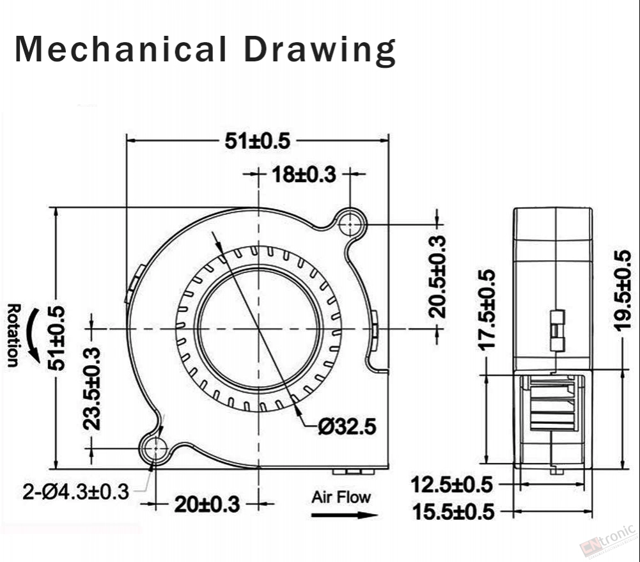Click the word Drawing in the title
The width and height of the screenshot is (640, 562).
pyautogui.click(x=320, y=51)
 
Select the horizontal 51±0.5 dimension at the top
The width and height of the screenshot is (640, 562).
pyautogui.click(x=257, y=141)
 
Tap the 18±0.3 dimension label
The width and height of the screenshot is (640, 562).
pyautogui.click(x=304, y=174)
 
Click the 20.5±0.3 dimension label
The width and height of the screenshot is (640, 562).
pyautogui.click(x=437, y=276)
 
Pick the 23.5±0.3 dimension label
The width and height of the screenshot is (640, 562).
pyautogui.click(x=93, y=388)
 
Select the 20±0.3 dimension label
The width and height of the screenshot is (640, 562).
pyautogui.click(x=207, y=504)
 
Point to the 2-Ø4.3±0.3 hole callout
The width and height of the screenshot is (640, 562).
pyautogui.click(x=76, y=492)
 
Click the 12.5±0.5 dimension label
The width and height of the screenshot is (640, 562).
pyautogui.click(x=451, y=485)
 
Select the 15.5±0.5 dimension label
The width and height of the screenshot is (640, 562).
pyautogui.click(x=451, y=511)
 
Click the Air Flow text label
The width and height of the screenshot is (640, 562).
pyautogui.click(x=341, y=496)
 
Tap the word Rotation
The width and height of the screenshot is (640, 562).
pyautogui.click(x=12, y=336)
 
